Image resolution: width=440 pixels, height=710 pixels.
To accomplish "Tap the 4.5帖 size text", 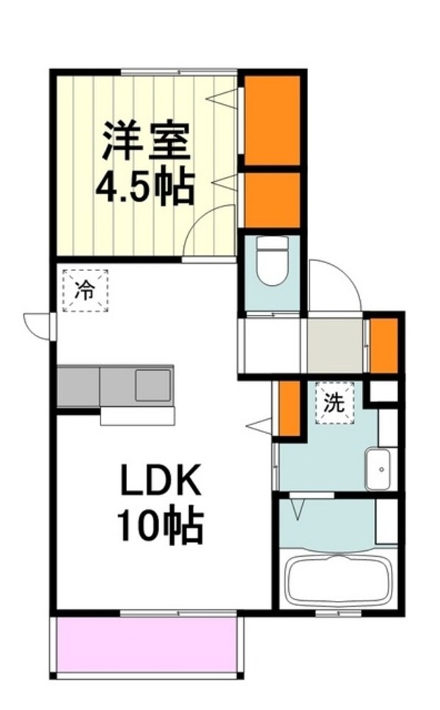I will (144, 188).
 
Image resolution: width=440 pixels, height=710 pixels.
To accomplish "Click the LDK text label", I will (160, 484).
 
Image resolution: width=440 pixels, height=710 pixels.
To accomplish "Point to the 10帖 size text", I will (160, 525).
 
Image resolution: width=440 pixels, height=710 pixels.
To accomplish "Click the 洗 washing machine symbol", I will (334, 403).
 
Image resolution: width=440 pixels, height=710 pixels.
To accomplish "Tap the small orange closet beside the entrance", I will (384, 344).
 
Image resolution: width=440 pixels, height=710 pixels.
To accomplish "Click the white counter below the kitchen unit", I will (138, 415).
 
